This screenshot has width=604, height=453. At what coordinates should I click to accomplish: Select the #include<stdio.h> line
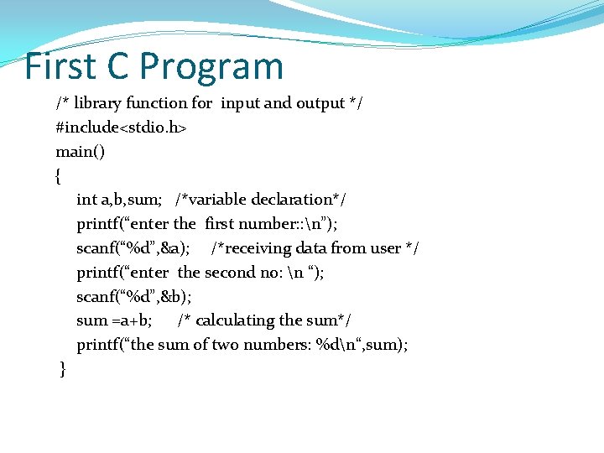pyautogui.click(x=121, y=128)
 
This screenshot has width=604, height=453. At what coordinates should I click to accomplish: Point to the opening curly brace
pyautogui.click(x=58, y=176)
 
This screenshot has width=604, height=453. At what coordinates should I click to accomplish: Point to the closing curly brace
pyautogui.click(x=63, y=369)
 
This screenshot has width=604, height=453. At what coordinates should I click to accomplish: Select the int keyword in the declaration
pyautogui.click(x=86, y=200)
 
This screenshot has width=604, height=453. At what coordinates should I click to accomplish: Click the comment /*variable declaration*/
pyautogui.click(x=260, y=200)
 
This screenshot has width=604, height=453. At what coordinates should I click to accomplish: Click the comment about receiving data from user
pyautogui.click(x=315, y=248)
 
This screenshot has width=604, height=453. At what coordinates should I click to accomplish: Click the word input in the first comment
pyautogui.click(x=241, y=103)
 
